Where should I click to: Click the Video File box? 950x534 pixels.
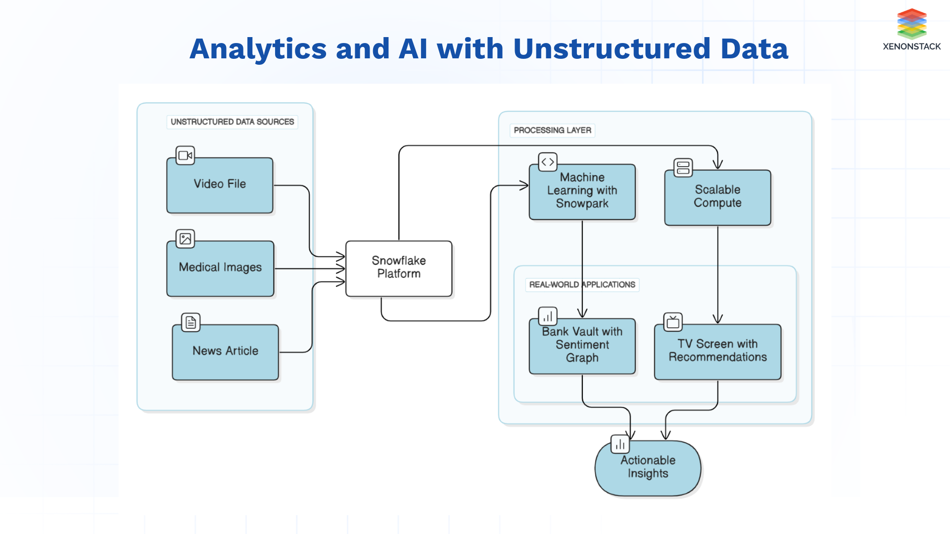(x=220, y=185)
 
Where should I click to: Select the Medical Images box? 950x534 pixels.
(x=220, y=268)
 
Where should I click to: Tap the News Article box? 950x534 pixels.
(x=225, y=352)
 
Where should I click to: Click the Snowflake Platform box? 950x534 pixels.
(x=399, y=268)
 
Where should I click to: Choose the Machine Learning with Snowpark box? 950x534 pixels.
(x=582, y=192)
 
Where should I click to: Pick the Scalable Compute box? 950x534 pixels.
(x=717, y=197)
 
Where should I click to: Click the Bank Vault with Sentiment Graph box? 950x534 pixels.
(x=582, y=346)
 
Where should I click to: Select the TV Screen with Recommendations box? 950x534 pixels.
(x=717, y=352)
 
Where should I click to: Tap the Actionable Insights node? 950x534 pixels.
(x=648, y=468)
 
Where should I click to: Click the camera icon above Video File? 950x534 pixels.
(x=185, y=155)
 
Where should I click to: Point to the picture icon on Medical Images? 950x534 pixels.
(x=185, y=239)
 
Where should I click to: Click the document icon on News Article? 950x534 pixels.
(x=190, y=322)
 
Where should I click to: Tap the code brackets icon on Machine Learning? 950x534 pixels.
(x=547, y=162)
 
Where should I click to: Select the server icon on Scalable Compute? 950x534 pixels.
(x=683, y=168)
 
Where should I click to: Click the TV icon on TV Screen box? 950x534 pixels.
(x=672, y=322)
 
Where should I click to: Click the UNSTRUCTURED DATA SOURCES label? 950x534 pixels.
(x=232, y=122)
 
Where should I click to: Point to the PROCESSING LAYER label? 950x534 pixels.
(x=552, y=130)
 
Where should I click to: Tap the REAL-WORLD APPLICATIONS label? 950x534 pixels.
(x=582, y=284)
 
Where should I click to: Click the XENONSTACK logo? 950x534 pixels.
(x=911, y=30)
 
